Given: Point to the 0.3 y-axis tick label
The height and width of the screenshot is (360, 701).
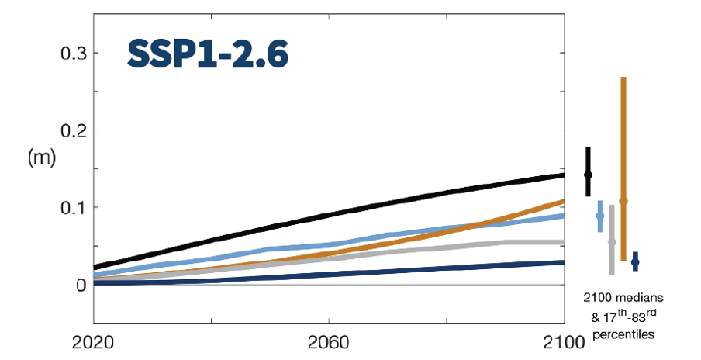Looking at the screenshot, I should pyautogui.click(x=74, y=53).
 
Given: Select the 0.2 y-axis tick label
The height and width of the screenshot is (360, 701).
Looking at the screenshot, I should pyautogui.click(x=74, y=130).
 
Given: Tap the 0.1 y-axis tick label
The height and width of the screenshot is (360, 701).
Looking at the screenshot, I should pyautogui.click(x=74, y=207).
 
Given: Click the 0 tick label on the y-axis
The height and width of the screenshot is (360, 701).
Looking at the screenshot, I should pyautogui.click(x=81, y=285).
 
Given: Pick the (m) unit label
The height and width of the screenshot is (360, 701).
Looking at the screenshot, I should pyautogui.click(x=40, y=158).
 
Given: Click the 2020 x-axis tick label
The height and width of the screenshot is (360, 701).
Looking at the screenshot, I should pyautogui.click(x=94, y=342).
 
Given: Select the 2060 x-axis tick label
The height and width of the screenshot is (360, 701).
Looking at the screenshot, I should pyautogui.click(x=329, y=342).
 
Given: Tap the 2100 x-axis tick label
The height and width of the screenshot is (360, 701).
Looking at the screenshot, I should pyautogui.click(x=564, y=342).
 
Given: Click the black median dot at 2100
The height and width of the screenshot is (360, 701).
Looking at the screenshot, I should pyautogui.click(x=588, y=175).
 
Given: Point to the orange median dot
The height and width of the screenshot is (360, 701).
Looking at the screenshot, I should pyautogui.click(x=623, y=201).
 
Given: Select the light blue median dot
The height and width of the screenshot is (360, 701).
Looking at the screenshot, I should pyautogui.click(x=599, y=216).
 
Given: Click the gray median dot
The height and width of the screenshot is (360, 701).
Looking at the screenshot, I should pyautogui.click(x=612, y=242).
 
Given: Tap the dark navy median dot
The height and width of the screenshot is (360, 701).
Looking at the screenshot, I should pyautogui.click(x=635, y=263).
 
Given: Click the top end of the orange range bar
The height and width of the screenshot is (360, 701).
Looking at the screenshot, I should pyautogui.click(x=623, y=78).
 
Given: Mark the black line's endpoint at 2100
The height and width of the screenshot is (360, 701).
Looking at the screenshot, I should pyautogui.click(x=563, y=175).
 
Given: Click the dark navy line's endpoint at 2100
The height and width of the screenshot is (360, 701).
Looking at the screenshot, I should pyautogui.click(x=563, y=262).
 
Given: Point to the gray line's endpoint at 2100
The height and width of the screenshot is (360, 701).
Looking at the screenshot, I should pyautogui.click(x=563, y=242).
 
